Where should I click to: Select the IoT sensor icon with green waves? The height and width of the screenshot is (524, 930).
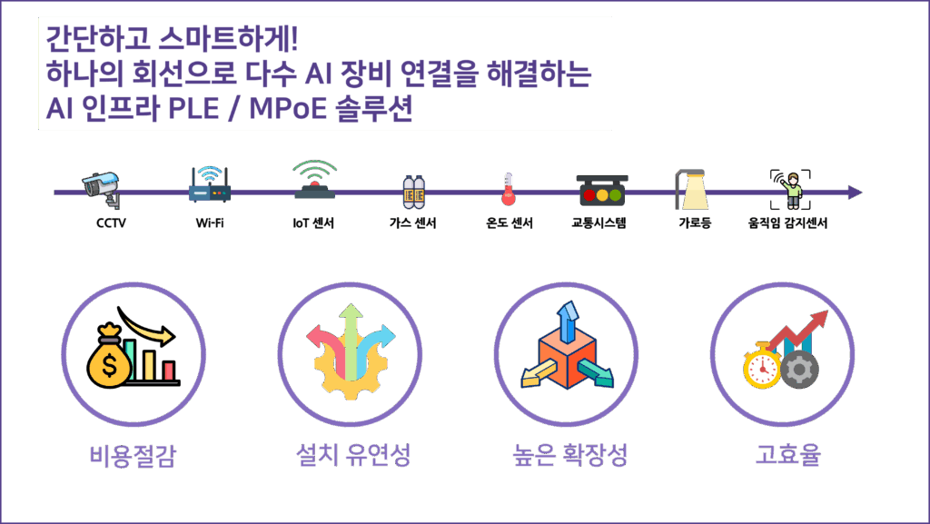click(x=315, y=181)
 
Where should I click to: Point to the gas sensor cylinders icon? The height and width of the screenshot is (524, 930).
click(x=414, y=192)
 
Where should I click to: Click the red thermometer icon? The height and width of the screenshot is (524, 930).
click(x=509, y=190)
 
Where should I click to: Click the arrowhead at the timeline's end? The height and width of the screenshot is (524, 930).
click(x=855, y=193)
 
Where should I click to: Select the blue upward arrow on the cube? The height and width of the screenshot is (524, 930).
click(x=569, y=323)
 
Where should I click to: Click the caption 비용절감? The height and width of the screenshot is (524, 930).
click(x=133, y=455)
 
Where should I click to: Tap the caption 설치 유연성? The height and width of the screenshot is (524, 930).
click(x=349, y=454)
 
